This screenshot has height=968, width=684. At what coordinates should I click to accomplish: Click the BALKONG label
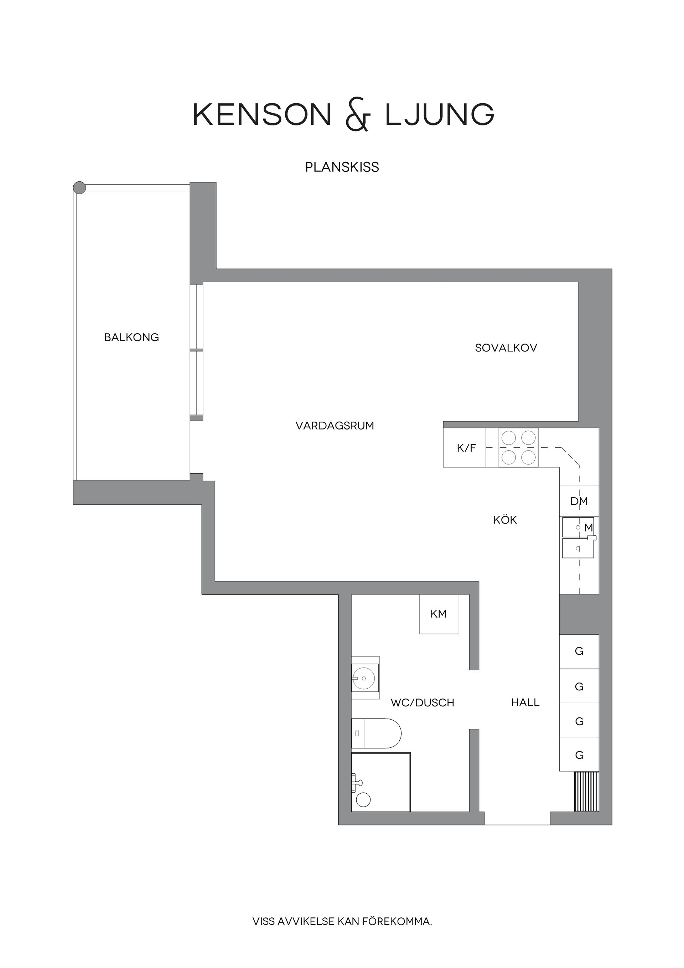pos(131,337)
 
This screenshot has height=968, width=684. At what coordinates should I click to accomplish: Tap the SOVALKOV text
pos(506,348)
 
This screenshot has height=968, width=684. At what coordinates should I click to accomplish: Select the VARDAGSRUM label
pos(335,426)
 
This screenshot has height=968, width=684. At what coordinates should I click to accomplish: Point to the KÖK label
pos(505,520)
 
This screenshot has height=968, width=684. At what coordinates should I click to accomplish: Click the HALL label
pos(525,702)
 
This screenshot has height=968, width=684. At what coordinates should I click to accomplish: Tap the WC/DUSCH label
pos(422,703)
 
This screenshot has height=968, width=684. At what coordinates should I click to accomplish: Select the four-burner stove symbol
pos(518,448)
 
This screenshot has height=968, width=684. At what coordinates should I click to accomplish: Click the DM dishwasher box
pos(579,501)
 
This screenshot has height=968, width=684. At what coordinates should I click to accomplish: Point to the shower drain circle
pos(363,800)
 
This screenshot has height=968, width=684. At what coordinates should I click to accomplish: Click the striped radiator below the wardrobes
pos(586,791)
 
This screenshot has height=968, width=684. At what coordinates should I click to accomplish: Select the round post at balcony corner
pos(79,187)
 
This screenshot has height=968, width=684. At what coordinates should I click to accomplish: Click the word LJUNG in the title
pos(440,115)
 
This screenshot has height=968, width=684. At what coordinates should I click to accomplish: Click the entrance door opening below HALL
pos(517,818)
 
